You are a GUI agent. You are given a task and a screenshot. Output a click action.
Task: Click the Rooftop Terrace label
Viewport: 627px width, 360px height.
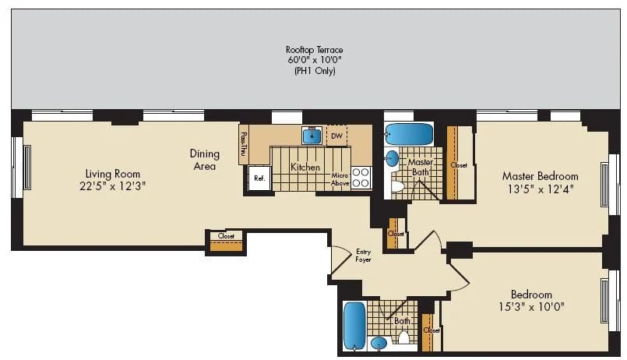point(314,51)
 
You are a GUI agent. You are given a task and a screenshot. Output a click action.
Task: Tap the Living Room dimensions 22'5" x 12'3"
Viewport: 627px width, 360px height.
point(113,186)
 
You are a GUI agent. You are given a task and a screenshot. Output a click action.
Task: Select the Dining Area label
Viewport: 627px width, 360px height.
point(204,160)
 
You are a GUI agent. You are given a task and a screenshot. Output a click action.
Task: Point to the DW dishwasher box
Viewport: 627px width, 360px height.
point(336,136)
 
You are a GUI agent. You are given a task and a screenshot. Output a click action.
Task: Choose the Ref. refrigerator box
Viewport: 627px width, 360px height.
point(259,178)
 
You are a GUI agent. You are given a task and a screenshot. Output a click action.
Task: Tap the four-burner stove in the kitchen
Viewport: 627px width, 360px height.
point(361,178)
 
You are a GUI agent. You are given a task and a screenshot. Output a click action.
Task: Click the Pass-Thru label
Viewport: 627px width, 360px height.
point(244,143)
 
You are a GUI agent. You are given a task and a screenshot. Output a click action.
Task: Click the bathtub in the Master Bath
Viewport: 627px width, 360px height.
point(409,134)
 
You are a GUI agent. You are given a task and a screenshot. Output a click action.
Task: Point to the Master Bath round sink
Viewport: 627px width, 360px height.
point(393,159)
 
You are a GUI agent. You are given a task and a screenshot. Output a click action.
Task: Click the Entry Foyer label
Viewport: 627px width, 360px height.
point(363,255)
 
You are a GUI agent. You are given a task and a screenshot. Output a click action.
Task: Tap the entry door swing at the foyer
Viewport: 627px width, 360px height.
point(340,260)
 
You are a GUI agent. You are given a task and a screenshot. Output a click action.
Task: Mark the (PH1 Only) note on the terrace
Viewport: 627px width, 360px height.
point(314,72)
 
